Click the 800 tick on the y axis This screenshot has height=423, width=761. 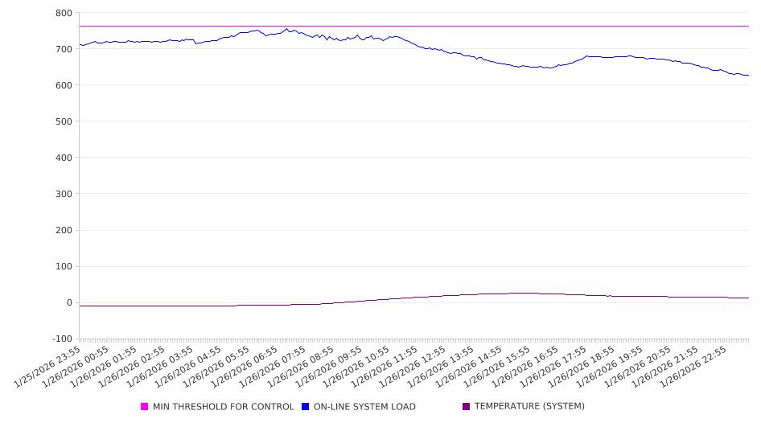(64, 13)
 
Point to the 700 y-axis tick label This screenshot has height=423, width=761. (64, 49)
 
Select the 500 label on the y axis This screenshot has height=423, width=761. (64, 121)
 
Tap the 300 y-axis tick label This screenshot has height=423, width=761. (64, 194)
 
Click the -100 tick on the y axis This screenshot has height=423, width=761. (62, 339)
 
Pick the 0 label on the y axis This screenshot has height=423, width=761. (69, 302)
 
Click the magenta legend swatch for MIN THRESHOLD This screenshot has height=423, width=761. (145, 407)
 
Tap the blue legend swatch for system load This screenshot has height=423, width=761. (306, 407)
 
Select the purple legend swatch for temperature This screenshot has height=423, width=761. (467, 407)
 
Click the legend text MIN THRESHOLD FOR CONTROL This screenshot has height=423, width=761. (224, 407)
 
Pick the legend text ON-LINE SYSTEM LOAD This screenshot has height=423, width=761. (364, 407)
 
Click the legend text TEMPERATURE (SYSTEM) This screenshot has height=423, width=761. (529, 407)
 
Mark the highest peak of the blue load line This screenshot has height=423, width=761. (286, 29)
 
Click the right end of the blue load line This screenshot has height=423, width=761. (749, 76)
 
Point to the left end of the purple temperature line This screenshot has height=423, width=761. (80, 306)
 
